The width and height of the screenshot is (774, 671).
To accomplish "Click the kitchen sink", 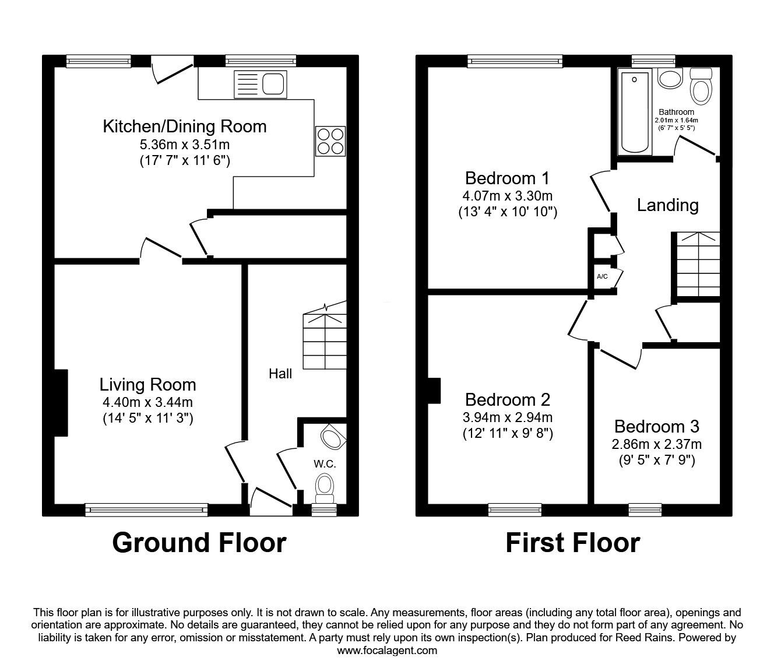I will coord(261,84).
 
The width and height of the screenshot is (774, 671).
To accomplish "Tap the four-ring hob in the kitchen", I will coord(330,141).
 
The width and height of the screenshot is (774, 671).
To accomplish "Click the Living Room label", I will coord(147,385).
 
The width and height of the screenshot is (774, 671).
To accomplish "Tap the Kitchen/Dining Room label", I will coord(184,127).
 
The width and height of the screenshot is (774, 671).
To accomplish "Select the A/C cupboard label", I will coord(602,276).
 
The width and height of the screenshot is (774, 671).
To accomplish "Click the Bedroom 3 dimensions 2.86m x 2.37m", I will coord(656,444).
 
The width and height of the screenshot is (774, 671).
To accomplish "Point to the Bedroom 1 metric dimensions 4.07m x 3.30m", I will coord(507,196).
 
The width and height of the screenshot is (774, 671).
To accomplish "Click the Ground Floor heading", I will coord(199,543).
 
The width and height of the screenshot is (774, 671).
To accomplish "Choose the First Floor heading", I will coord(572,543).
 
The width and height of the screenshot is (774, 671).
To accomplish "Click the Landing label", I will coord(667,205).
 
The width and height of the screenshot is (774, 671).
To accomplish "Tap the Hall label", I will coord(280,374).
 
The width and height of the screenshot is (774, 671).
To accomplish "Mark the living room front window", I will coord(146,510).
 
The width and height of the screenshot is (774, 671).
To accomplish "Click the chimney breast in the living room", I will coord(61,402).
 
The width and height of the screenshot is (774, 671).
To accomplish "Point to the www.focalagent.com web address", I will coord(387,651).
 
